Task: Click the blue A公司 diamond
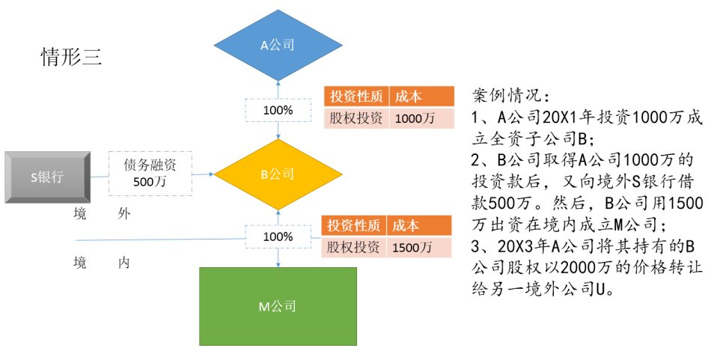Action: [x=278, y=45]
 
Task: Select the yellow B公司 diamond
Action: [x=278, y=174]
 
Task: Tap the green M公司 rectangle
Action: [x=278, y=306]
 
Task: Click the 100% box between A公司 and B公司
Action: [x=278, y=110]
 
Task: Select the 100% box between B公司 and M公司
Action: [x=278, y=237]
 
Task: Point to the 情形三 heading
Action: [x=71, y=58]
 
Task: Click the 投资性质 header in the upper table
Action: [x=355, y=97]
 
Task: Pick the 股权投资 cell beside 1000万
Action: [x=355, y=118]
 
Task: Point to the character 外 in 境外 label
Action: [x=123, y=214]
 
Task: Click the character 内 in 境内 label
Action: [x=123, y=263]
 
